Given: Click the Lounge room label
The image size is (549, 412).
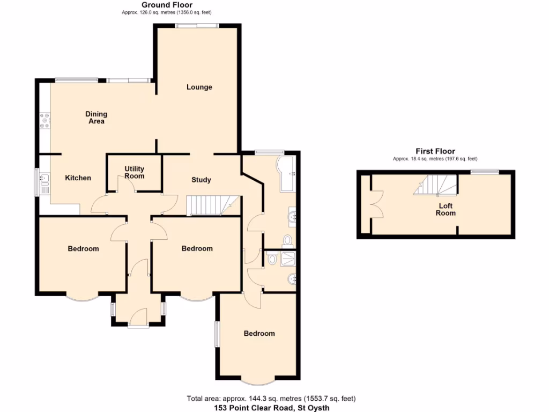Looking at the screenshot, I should [199, 87].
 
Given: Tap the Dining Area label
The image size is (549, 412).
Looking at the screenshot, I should [97, 117].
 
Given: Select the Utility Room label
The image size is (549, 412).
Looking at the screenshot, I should [134, 172].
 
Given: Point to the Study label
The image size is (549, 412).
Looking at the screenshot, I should [201, 180].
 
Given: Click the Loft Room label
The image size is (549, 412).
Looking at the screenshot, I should [446, 209].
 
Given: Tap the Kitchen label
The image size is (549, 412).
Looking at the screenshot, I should [78, 178].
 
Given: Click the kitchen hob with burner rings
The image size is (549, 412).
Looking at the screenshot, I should [44, 120].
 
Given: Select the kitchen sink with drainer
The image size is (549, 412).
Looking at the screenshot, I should [43, 182].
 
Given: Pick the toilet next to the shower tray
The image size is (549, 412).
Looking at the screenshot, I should [272, 259].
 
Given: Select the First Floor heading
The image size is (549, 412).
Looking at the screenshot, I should [435, 151].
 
